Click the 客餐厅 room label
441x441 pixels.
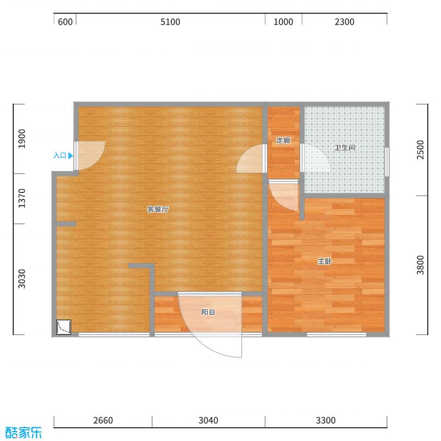[x=158, y=209]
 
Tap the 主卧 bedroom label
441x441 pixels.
[x=324, y=261]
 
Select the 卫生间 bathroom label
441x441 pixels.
[x=345, y=148]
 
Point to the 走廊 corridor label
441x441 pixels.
[x=283, y=141]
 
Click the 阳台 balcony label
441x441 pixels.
[x=208, y=312]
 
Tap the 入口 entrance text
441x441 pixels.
[x=60, y=155]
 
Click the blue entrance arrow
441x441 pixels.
[x=71, y=155]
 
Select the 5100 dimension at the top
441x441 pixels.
[x=170, y=22]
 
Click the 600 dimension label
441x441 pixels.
[x=65, y=22]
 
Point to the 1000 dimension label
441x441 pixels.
[x=283, y=22]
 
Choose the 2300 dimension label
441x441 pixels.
[x=344, y=22]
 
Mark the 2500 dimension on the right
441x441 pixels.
[x=421, y=150]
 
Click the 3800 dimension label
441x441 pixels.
[x=421, y=265]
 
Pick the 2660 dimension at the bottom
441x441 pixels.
[x=103, y=421]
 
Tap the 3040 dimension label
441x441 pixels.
[x=208, y=421]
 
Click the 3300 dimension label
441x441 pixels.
[x=325, y=421]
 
